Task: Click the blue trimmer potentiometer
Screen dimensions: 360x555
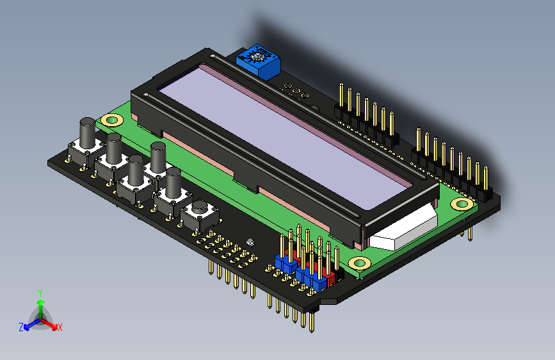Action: (x=260, y=61)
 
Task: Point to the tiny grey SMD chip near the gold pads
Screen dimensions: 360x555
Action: (x=250, y=242)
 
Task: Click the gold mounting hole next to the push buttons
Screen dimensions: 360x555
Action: (x=113, y=120)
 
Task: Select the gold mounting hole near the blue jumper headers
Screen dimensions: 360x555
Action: (x=360, y=263)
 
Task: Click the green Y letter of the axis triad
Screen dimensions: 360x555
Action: (x=40, y=293)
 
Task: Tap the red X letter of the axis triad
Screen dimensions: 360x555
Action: (x=60, y=327)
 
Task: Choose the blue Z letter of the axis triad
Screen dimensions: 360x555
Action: (x=21, y=327)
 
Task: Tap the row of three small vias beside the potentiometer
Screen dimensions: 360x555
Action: (x=295, y=91)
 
